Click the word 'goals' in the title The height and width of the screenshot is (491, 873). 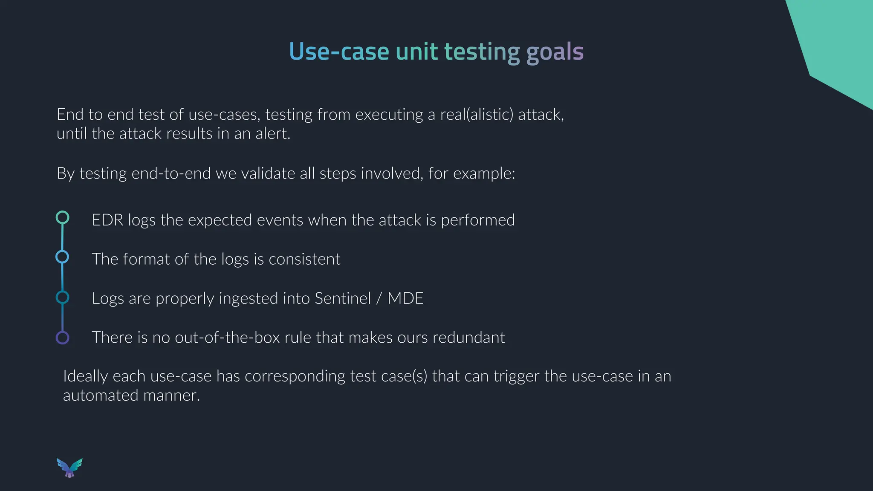555,52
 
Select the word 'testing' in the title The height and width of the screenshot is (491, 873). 482,52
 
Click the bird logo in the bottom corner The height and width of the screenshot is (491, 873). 69,468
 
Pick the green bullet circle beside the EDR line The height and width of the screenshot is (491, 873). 63,217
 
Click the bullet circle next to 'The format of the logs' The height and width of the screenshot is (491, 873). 62,257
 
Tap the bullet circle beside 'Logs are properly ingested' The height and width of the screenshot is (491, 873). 62,297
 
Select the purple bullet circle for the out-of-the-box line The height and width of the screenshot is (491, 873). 63,338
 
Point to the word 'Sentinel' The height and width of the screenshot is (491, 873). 343,298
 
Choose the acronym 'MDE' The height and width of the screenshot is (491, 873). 405,298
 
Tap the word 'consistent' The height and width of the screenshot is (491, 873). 304,259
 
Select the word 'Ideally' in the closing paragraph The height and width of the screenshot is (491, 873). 85,376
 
